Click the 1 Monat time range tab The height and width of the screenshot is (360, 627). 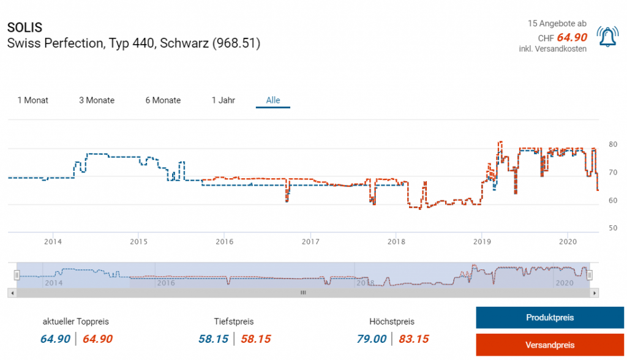coord(33,100)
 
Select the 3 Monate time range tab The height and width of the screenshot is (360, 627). coord(97,100)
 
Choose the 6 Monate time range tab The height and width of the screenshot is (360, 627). coord(163,100)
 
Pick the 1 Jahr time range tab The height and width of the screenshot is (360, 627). coord(223,100)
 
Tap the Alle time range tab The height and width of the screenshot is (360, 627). coord(273,100)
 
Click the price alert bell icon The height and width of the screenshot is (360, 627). coord(607,37)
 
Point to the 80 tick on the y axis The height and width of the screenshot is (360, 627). coord(612,144)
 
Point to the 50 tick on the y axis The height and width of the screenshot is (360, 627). coord(612,228)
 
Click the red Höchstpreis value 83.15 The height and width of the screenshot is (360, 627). coord(413,339)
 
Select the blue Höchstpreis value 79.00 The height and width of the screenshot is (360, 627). coord(372,339)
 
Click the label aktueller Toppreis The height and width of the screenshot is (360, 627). coord(76,321)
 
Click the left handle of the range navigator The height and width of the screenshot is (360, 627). coord(17,276)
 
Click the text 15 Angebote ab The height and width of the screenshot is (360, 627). coord(557,23)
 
